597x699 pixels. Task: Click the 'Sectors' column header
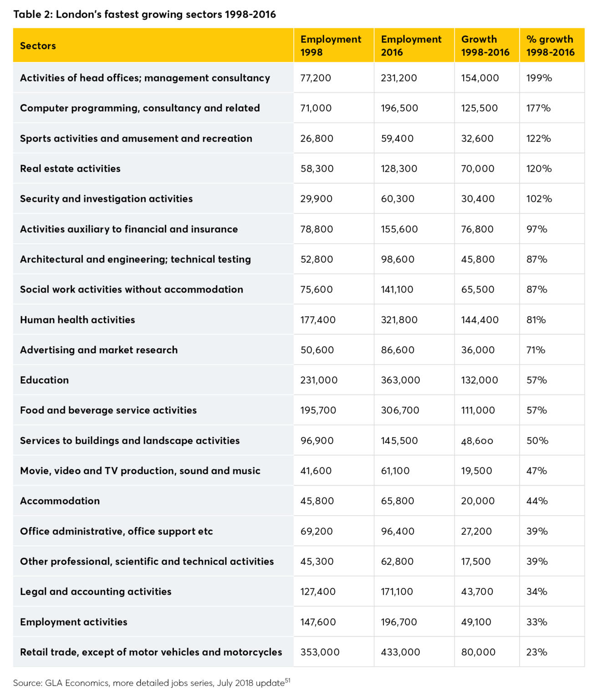click(x=38, y=46)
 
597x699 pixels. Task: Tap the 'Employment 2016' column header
click(x=411, y=46)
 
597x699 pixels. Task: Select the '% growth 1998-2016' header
click(x=550, y=46)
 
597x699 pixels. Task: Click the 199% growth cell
click(x=539, y=78)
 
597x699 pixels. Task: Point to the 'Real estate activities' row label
click(x=70, y=168)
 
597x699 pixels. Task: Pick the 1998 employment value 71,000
click(x=316, y=108)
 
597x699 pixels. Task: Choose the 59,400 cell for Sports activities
click(x=397, y=138)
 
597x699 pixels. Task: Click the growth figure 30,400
click(x=478, y=198)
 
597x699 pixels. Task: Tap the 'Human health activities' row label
click(x=77, y=319)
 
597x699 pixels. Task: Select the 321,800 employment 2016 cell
click(x=399, y=319)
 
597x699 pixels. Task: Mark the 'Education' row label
click(x=44, y=380)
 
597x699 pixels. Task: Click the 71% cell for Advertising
click(x=536, y=350)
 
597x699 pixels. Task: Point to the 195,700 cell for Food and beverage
click(x=318, y=410)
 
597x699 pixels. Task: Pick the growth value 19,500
click(x=476, y=471)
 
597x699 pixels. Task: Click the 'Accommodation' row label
click(x=60, y=501)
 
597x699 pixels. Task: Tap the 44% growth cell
click(x=537, y=501)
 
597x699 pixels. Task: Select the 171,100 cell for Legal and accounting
click(x=397, y=591)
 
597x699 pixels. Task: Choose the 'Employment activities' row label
click(x=73, y=622)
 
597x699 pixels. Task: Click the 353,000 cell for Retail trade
click(x=320, y=652)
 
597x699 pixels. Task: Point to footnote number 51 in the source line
click(x=287, y=680)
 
